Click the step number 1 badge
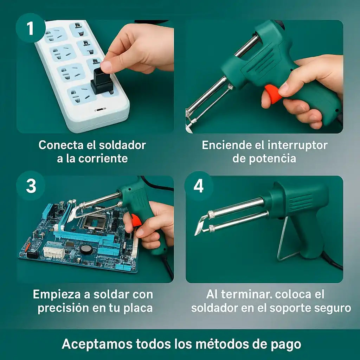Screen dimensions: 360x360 click(x=31, y=28)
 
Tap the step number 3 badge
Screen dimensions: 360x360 click(x=31, y=186)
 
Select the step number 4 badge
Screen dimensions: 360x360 click(x=199, y=186)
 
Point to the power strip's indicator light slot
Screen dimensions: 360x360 click(x=100, y=109)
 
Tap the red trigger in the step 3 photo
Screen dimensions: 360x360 click(x=136, y=220)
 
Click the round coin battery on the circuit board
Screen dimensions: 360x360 click(x=86, y=249)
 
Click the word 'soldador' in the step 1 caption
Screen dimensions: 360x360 click(x=122, y=145)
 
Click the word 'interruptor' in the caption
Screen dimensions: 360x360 click(x=297, y=146)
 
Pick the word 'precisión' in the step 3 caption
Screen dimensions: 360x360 click(x=63, y=308)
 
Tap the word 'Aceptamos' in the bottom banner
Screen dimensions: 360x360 click(x=97, y=344)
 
